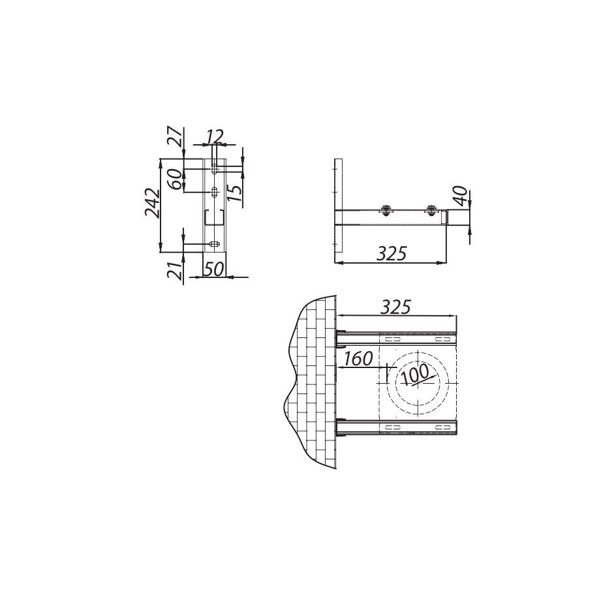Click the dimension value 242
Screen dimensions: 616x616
click(153, 204)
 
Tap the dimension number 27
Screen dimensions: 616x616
click(177, 137)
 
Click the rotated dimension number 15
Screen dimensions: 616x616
click(236, 192)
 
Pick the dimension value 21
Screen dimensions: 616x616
click(176, 270)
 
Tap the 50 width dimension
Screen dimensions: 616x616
click(214, 269)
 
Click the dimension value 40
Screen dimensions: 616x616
click(461, 196)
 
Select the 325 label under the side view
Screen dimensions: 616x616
click(392, 254)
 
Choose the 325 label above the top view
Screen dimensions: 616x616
click(396, 307)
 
